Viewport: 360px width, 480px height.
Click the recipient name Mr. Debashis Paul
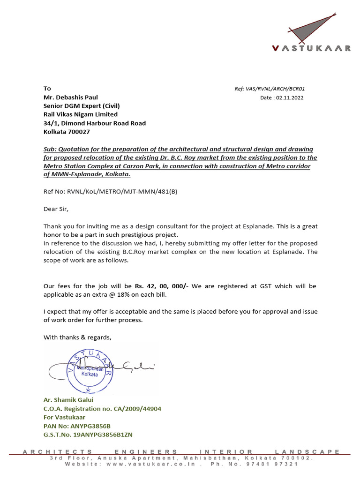tap(71, 97)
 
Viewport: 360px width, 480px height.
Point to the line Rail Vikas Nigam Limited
tap(81, 114)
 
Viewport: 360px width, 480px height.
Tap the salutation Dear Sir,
tap(59, 209)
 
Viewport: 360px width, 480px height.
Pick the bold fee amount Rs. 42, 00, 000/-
tap(161, 285)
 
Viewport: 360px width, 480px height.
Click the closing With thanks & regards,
tap(78, 337)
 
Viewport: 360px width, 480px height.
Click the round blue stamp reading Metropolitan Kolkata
tap(90, 370)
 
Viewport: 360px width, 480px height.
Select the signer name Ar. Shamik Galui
tap(68, 399)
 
